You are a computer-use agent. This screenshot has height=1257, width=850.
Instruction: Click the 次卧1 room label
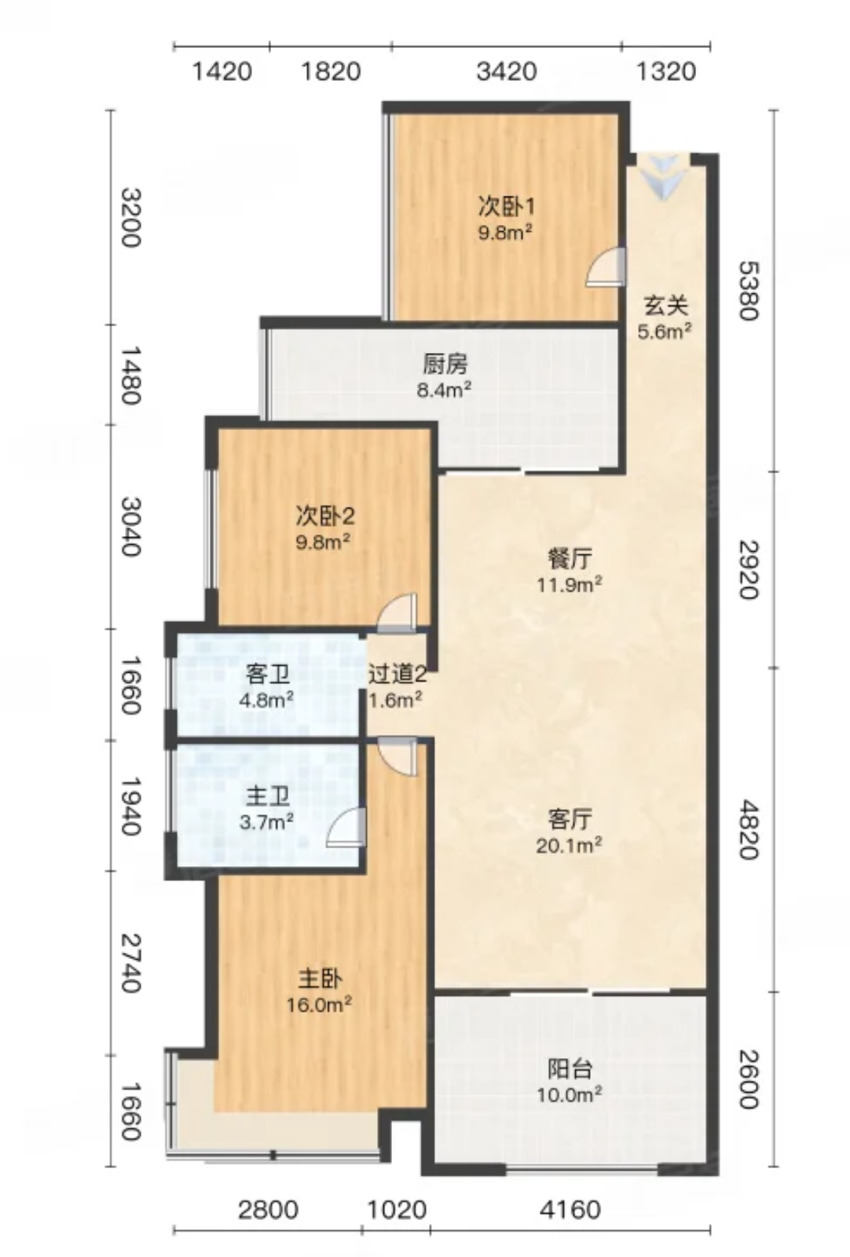tap(506, 207)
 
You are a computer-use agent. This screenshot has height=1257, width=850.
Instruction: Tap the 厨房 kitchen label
tap(444, 366)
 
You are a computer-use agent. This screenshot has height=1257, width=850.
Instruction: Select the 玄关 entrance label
tap(665, 307)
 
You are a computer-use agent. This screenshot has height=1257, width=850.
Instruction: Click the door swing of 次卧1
tap(605, 267)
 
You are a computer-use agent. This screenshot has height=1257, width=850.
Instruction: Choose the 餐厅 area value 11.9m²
tap(570, 586)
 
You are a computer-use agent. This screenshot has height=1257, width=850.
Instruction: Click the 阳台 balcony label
tap(570, 1069)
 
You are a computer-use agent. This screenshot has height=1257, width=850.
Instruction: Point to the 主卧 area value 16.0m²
tap(319, 1004)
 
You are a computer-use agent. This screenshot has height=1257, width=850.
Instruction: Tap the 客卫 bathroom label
tap(268, 675)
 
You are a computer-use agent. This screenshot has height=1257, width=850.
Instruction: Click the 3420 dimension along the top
tap(507, 72)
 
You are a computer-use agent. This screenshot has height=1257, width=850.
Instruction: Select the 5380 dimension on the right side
tap(749, 290)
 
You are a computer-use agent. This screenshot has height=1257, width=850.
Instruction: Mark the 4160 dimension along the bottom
tap(570, 1208)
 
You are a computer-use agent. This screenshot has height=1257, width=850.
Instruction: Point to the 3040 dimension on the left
tap(130, 526)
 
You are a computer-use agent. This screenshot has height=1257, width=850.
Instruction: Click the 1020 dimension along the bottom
tap(397, 1208)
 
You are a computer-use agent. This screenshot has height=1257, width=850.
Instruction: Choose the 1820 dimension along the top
tap(330, 72)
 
